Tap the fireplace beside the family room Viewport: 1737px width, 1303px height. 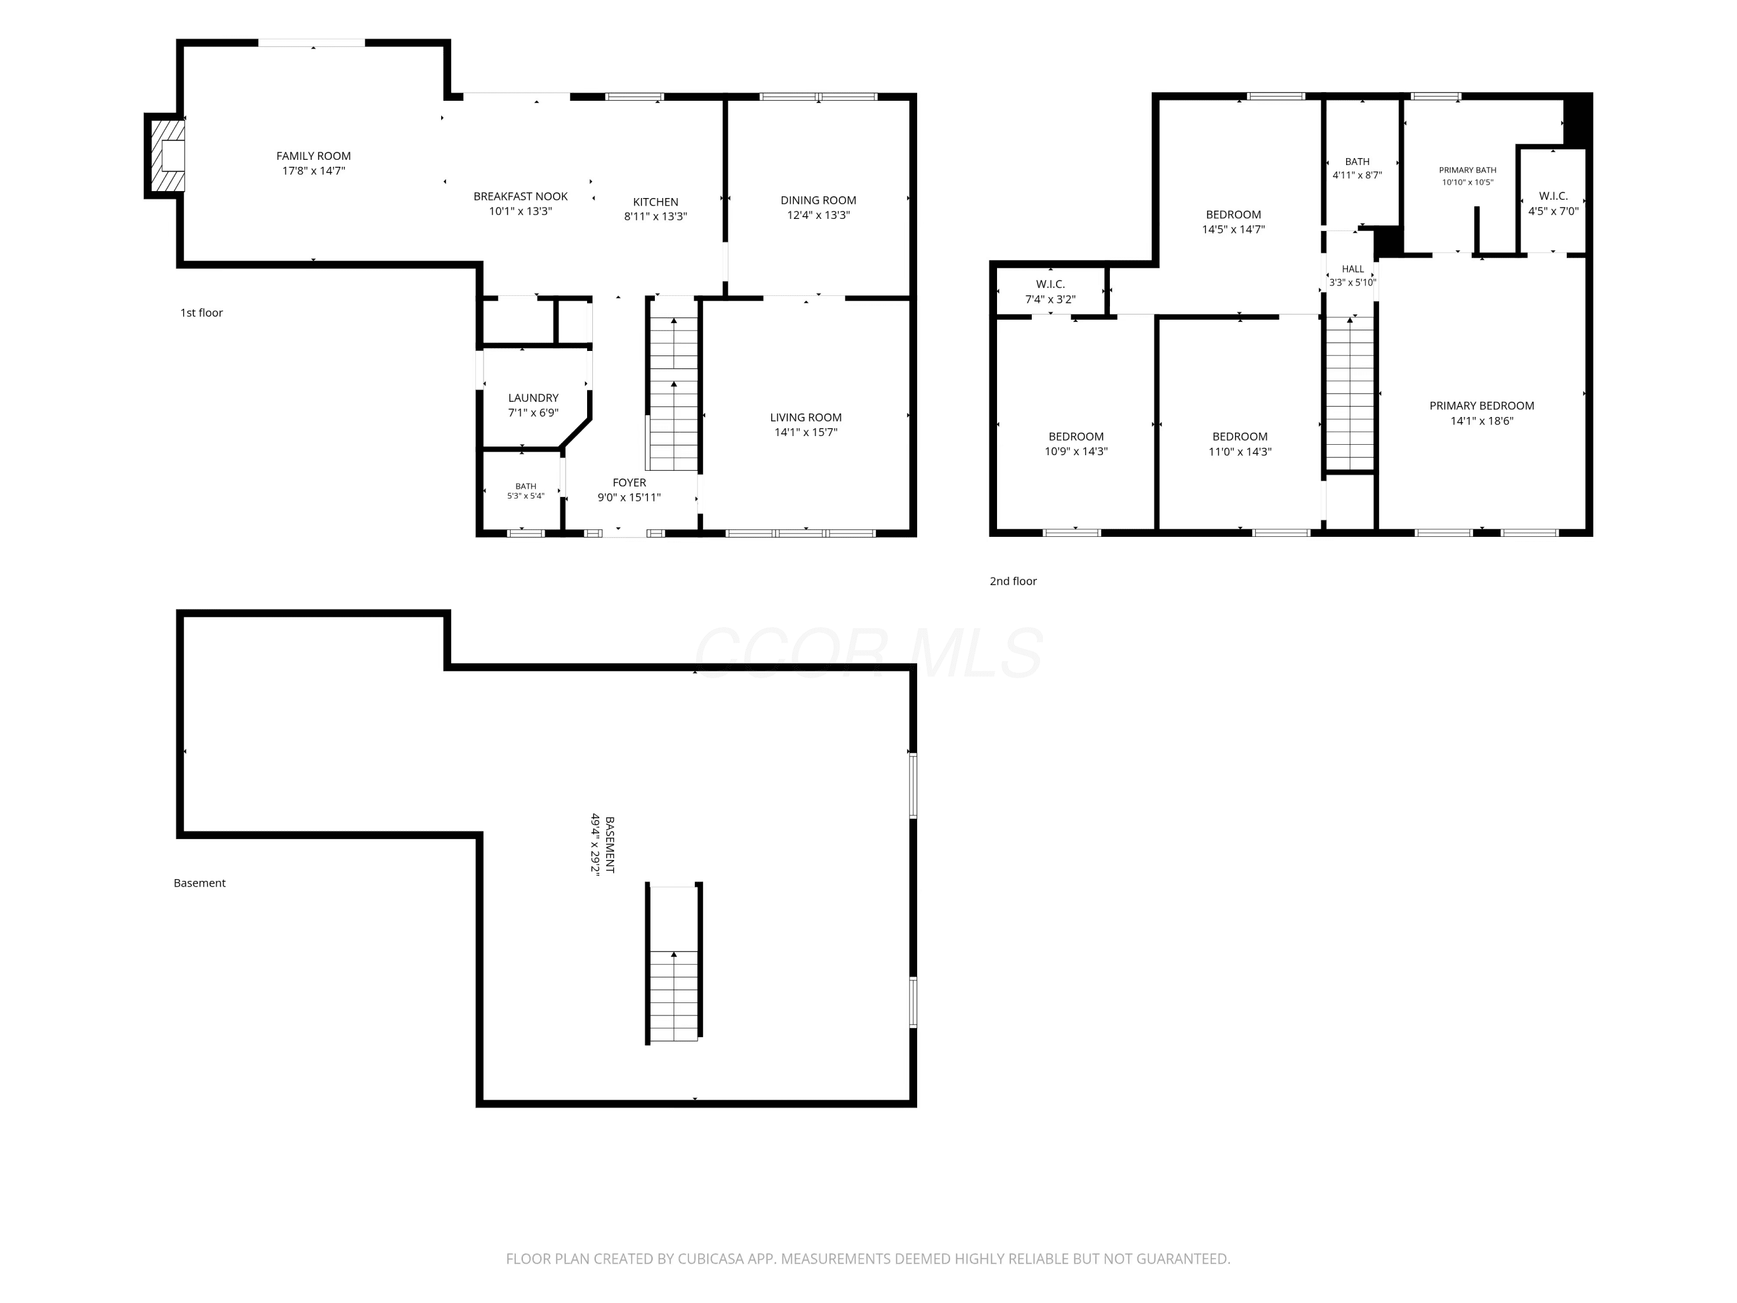[166, 156]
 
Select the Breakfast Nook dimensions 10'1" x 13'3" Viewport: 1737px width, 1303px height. [521, 211]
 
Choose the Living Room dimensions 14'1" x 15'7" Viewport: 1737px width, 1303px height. [806, 432]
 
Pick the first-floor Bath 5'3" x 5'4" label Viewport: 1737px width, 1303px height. [525, 491]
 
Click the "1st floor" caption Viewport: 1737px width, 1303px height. [202, 313]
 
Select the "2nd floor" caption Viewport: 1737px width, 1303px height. [1013, 581]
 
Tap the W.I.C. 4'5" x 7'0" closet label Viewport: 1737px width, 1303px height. [1553, 203]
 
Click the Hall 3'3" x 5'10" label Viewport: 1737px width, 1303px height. [1352, 276]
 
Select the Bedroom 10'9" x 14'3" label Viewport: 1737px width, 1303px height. [1076, 444]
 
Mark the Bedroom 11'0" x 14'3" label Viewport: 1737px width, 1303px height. [1240, 444]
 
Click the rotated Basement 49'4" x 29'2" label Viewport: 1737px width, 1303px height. [602, 844]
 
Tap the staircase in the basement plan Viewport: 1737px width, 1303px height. [674, 963]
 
